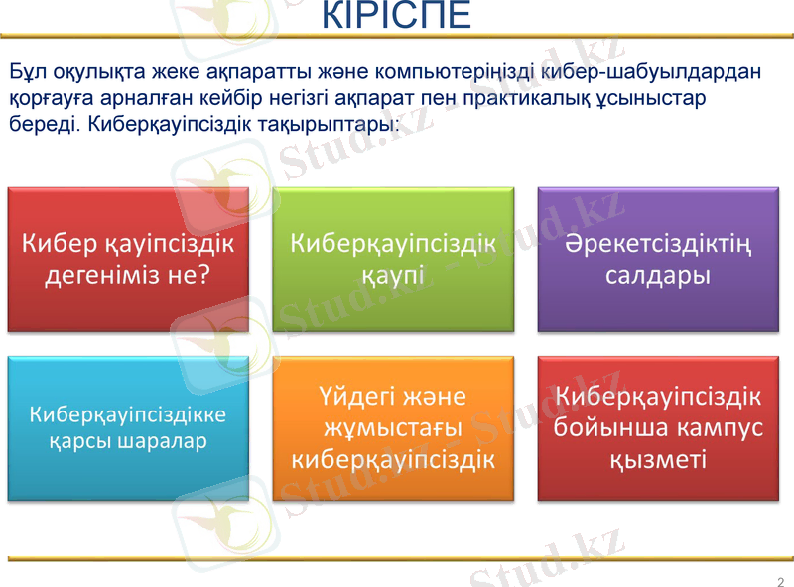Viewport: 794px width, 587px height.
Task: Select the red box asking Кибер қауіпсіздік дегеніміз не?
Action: click(128, 259)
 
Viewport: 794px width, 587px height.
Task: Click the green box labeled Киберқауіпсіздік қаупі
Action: click(393, 259)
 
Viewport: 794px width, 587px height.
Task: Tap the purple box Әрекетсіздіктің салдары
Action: click(658, 259)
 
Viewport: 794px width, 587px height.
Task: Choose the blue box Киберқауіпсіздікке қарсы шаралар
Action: click(128, 427)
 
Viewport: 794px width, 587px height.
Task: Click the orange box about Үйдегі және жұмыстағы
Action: click(393, 427)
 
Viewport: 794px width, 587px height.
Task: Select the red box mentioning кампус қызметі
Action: click(658, 427)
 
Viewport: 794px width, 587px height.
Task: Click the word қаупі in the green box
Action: click(393, 275)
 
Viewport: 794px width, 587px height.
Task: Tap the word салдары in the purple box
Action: click(658, 275)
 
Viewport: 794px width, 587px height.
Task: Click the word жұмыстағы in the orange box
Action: click(393, 428)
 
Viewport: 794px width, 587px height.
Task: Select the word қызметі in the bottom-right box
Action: click(658, 459)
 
